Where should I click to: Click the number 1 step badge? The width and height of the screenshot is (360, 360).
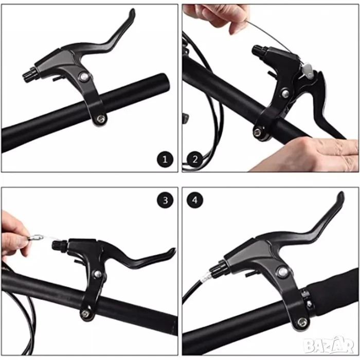coord(165,159)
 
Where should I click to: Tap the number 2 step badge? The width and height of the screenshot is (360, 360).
coord(195,159)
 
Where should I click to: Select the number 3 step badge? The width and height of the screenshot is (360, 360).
coord(165,200)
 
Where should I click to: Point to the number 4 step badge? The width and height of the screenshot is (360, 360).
coord(195,200)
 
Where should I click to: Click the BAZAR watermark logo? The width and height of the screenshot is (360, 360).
coord(328,345)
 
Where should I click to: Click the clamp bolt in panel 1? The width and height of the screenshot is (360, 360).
coord(101,119)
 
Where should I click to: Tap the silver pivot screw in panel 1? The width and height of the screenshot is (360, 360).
coord(83,77)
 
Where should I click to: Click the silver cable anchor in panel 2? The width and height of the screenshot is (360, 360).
coord(307,70)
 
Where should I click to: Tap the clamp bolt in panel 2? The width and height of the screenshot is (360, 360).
coord(257,132)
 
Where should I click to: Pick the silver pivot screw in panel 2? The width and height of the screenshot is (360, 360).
coord(285,93)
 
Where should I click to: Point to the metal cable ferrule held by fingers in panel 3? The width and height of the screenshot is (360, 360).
coord(35,237)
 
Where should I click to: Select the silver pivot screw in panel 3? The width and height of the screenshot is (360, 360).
coord(98,274)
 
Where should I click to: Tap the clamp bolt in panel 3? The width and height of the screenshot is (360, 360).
coord(85,313)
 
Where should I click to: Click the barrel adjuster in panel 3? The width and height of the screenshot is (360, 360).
coord(59,245)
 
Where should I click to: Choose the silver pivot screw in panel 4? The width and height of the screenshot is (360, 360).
coord(282,272)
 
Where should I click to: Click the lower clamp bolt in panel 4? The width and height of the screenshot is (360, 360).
coord(302,322)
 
